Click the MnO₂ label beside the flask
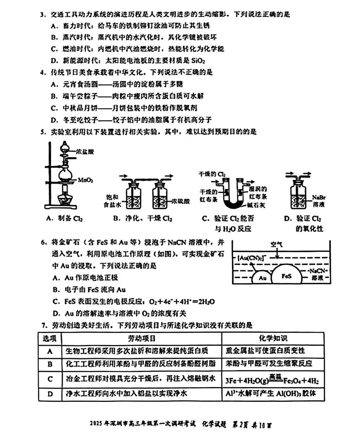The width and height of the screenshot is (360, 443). coord(85,180)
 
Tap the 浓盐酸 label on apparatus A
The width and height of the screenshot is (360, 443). coord(85,152)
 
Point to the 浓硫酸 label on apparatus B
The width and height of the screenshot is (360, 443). coord(181,201)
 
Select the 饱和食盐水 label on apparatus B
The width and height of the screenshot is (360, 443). coord(112,201)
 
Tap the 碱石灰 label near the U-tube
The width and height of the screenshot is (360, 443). coord(256,205)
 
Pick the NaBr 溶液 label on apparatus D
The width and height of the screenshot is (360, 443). coord(319,201)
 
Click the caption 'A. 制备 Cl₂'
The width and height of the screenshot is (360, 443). coord(64,218)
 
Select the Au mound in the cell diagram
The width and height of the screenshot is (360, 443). coord(262,278)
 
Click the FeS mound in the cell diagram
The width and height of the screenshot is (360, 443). coord(286,275)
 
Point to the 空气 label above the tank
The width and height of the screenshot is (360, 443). coord(276,244)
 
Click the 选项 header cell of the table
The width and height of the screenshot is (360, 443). coord(49,339)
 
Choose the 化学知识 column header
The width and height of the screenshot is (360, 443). coord(273,339)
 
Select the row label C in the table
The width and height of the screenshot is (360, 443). coord(50,379)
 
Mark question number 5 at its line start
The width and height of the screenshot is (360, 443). coord(43,132)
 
